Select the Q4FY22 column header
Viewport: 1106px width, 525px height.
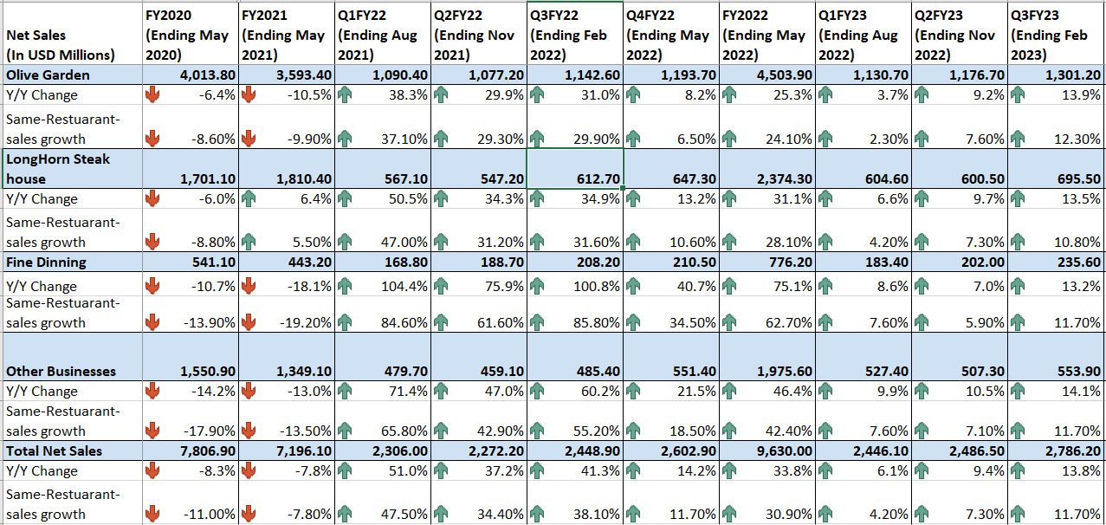pos(670,35)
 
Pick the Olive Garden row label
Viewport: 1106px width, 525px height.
pos(48,75)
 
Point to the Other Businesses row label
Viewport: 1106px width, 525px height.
pos(61,371)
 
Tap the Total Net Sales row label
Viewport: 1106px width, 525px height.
pos(54,450)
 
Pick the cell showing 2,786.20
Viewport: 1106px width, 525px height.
pos(1069,450)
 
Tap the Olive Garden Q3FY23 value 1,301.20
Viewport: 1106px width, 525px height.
pos(1069,75)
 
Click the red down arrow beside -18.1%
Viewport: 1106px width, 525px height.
pos(249,286)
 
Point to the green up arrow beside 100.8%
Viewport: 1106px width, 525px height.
pos(537,286)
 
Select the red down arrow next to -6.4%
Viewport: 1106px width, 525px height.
pos(152,94)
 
